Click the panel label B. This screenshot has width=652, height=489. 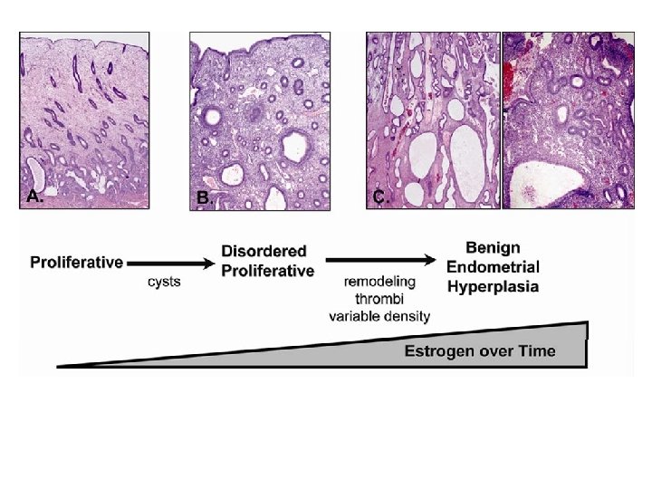point(204,197)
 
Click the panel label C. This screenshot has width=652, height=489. point(380,197)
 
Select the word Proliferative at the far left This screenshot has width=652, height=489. point(76,263)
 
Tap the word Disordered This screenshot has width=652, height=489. point(264,251)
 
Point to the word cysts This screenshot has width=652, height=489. point(164,282)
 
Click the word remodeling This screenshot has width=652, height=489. point(379,282)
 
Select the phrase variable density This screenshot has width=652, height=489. point(379,315)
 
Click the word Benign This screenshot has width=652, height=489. point(493,247)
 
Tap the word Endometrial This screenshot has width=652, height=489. point(493,267)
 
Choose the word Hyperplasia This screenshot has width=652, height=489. point(493,287)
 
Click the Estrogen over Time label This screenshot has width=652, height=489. point(479,351)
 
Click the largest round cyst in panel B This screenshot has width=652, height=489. point(295,144)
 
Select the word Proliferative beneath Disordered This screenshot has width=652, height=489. point(269,271)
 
